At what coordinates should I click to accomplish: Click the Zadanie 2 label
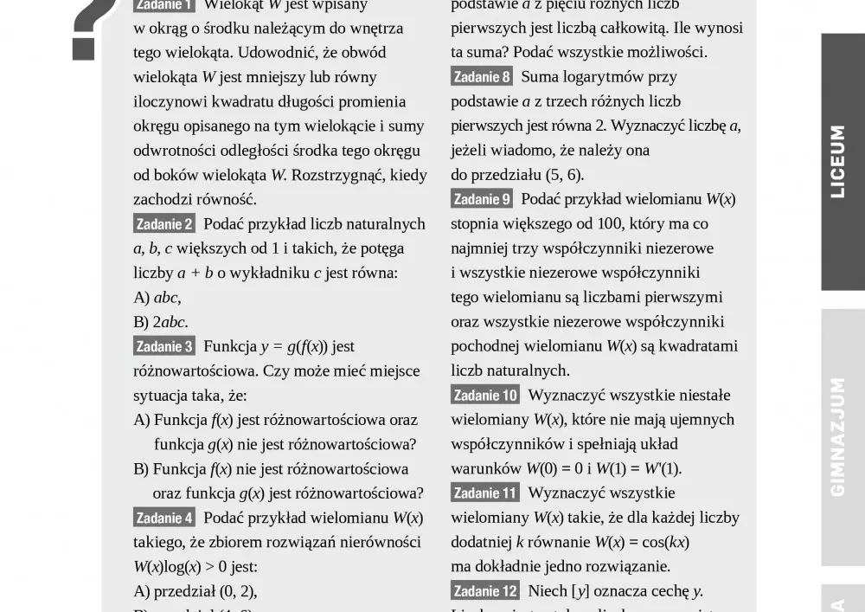(164, 224)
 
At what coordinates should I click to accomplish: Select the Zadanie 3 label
(164, 347)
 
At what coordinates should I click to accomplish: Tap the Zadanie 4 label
(164, 519)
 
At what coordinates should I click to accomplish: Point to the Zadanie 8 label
(482, 77)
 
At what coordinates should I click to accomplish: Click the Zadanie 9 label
(482, 200)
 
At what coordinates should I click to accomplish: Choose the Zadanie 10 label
(485, 396)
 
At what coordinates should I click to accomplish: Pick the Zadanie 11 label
(485, 493)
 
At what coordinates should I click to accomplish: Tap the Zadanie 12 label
(485, 592)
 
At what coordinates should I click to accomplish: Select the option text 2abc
(170, 322)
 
